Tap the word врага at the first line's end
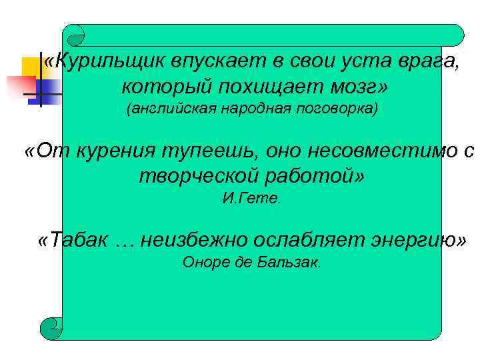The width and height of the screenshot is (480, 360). tap(431, 62)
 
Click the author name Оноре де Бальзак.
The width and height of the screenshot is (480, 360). tap(252, 262)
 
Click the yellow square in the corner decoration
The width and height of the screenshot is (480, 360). tap(31, 67)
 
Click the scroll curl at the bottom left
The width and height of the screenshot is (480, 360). tap(51, 328)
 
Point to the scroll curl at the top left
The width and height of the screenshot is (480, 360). tap(74, 35)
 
